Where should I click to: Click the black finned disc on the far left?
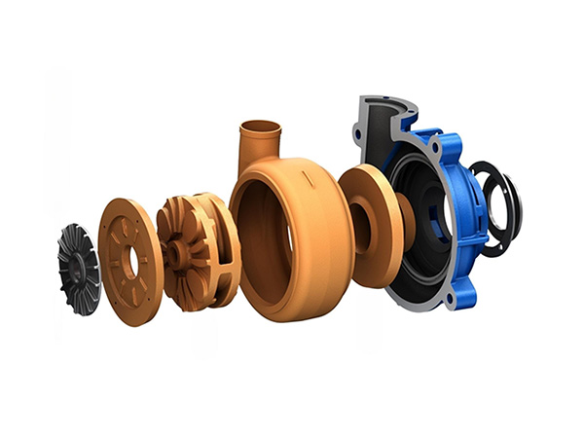[x=78, y=268]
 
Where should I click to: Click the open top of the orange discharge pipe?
[x=259, y=126]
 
